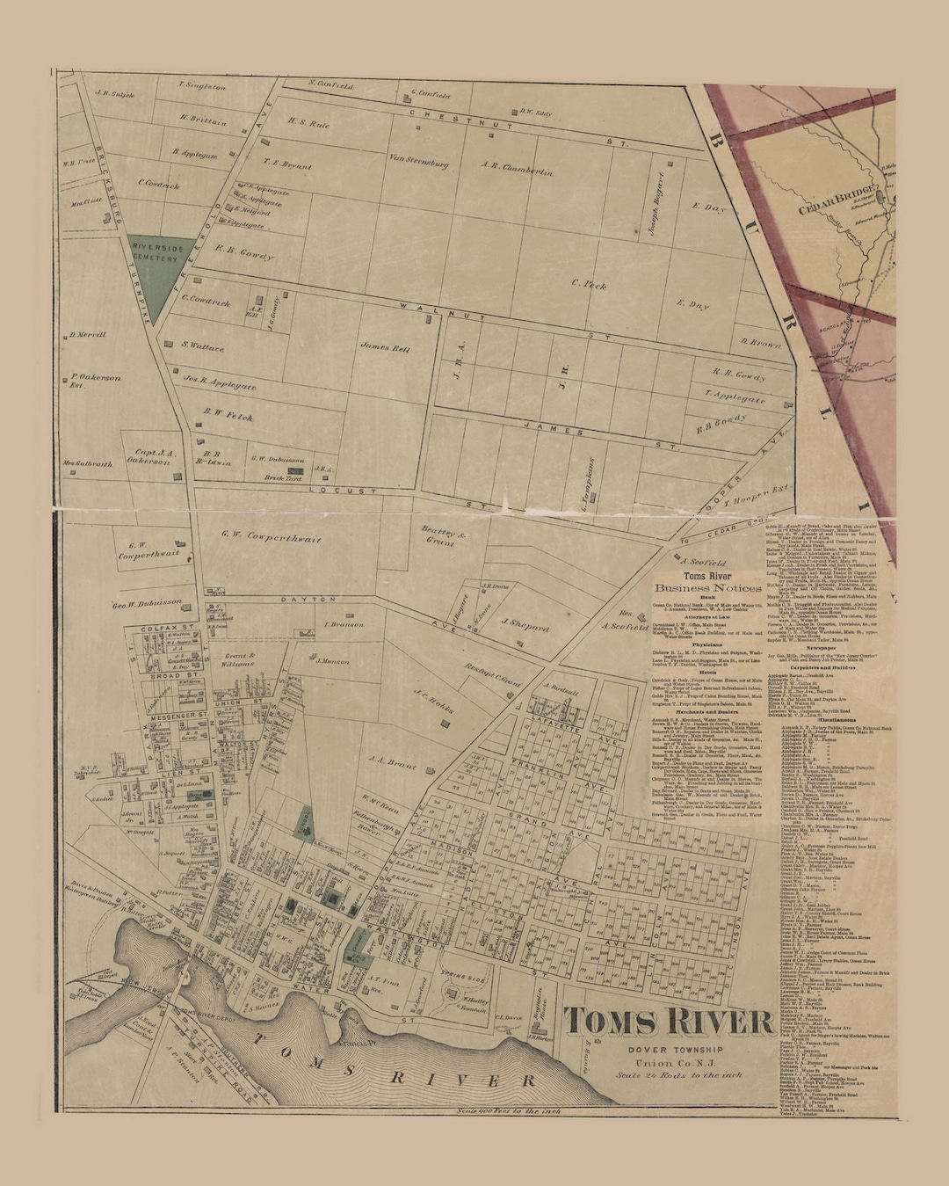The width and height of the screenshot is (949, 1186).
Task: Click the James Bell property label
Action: tap(385, 347)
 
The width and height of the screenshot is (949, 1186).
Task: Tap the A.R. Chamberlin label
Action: tap(517, 168)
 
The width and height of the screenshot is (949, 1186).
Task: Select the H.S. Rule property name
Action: tap(308, 125)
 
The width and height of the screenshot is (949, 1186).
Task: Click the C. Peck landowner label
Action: tap(589, 284)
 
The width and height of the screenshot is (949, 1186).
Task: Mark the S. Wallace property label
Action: tap(203, 347)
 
